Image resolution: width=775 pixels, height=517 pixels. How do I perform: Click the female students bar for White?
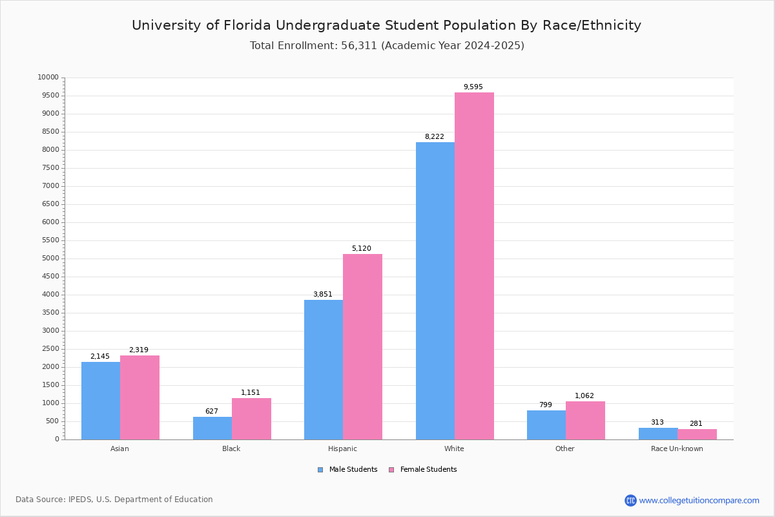474,266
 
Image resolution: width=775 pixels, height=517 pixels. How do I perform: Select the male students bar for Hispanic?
324,370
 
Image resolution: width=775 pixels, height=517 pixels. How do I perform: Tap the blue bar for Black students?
212,428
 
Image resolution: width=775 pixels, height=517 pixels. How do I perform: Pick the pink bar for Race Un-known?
697,434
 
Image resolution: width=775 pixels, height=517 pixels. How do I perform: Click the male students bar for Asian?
101,401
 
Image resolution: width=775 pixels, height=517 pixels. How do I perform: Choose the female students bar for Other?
585,420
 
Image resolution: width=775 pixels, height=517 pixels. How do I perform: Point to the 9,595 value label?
473,87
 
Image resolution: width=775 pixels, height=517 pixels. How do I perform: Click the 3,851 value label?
323,295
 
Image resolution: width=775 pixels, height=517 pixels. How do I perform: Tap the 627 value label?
212,412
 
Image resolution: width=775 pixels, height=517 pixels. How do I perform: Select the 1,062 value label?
584,396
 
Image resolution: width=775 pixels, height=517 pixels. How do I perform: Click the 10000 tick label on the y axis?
48,78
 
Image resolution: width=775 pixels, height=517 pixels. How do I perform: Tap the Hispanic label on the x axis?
342,448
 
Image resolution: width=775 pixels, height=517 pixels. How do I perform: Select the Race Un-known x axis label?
677,448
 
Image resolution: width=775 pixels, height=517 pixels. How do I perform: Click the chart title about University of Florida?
386,25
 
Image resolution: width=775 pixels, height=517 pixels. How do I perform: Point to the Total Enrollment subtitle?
387,46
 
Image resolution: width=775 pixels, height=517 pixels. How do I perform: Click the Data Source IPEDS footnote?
114,500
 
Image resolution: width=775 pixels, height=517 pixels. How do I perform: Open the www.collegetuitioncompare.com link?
699,500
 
